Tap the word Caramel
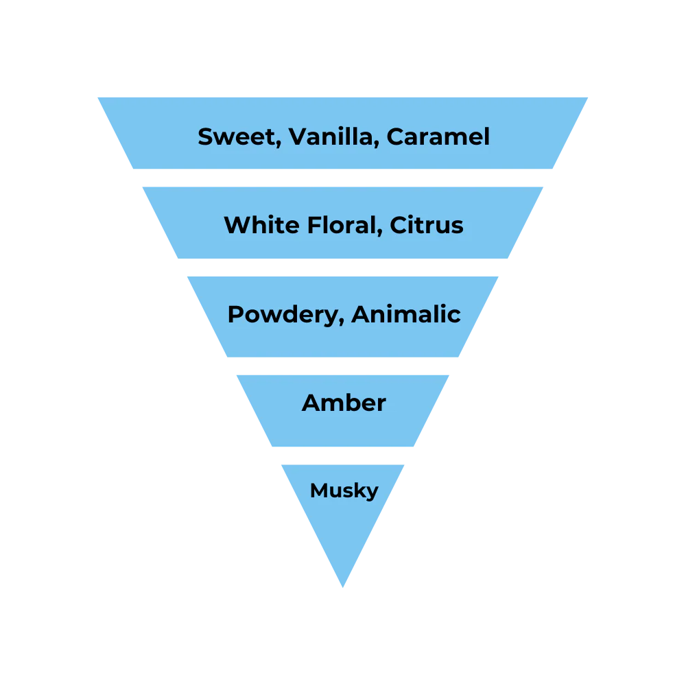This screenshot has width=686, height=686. [438, 137]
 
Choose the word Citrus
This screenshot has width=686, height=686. [427, 225]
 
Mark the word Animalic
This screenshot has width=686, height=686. [405, 314]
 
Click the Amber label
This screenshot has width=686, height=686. [344, 403]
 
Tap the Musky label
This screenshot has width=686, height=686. [344, 491]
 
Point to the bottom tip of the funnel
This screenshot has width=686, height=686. [343, 589]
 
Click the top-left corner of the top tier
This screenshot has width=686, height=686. [96, 95]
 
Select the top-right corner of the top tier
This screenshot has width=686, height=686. [590, 95]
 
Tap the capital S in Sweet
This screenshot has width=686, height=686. [205, 137]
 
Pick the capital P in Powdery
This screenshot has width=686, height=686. [235, 314]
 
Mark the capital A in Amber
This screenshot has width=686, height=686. [311, 403]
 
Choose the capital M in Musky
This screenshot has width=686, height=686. [318, 490]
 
